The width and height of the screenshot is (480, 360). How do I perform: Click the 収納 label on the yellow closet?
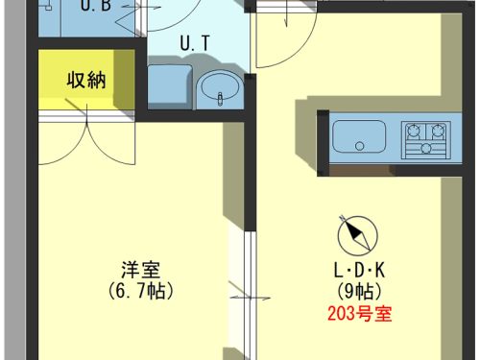pos(84,80)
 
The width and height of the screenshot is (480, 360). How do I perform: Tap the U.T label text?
pos(196,44)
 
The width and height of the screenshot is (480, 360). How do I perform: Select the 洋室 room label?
pos(135,268)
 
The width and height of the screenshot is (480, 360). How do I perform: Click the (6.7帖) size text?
pos(135,288)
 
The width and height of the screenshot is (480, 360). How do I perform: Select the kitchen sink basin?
pos(359,138)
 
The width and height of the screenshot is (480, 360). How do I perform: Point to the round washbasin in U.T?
pos(221,90)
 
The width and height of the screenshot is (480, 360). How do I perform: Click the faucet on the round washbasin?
pos(221,98)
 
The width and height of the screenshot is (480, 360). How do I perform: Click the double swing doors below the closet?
pos(89,139)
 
